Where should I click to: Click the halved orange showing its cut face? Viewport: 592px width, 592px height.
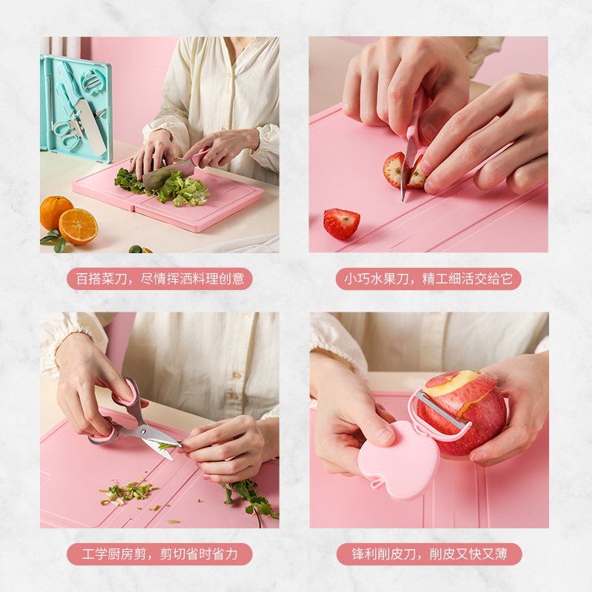pyautogui.click(x=78, y=226)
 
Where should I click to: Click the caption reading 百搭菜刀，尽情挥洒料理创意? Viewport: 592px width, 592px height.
pyautogui.click(x=160, y=279)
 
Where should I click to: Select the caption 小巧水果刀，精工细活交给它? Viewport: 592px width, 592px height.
pyautogui.click(x=428, y=279)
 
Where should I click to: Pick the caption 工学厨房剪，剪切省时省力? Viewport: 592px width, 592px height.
pyautogui.click(x=160, y=554)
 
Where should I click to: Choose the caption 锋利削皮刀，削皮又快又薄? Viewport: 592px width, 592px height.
pyautogui.click(x=429, y=554)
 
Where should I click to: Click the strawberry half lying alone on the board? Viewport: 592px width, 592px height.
pyautogui.click(x=341, y=223)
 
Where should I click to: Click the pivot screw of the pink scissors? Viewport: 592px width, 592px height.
pyautogui.click(x=143, y=430)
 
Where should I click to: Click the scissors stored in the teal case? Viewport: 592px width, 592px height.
pyautogui.click(x=68, y=133)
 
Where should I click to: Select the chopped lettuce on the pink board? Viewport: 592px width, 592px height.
pyautogui.click(x=163, y=185)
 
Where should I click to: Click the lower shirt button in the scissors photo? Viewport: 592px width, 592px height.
pyautogui.click(x=235, y=397)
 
